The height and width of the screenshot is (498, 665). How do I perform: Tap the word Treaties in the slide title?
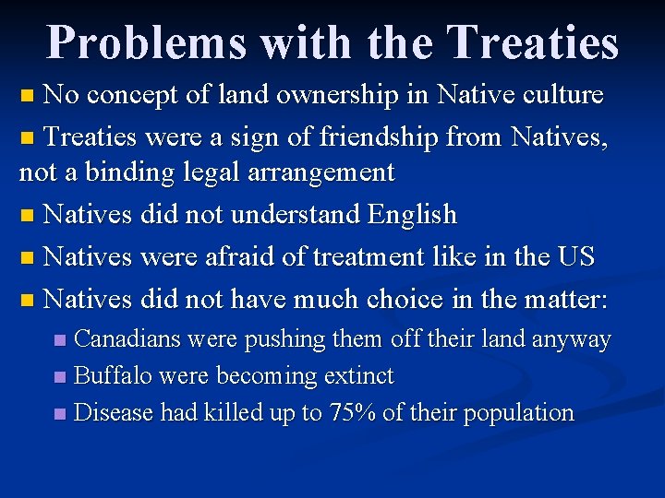pyautogui.click(x=531, y=43)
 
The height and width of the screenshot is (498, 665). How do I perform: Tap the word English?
pyautogui.click(x=412, y=215)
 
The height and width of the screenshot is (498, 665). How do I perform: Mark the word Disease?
pyautogui.click(x=114, y=413)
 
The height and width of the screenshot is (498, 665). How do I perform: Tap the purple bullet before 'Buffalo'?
pyautogui.click(x=60, y=377)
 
